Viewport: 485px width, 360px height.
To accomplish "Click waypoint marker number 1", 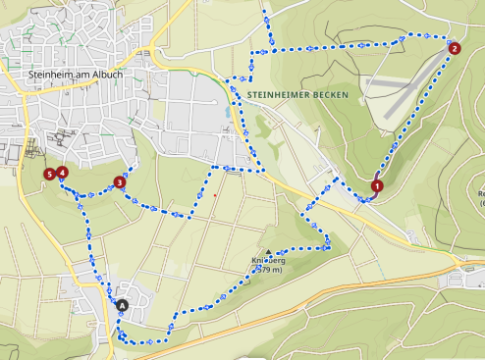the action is coord(377,185).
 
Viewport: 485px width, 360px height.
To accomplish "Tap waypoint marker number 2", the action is coord(454,48).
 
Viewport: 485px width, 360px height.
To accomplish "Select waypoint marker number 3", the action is coord(120,181).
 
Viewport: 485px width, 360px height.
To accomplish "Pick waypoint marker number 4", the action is coord(62,173).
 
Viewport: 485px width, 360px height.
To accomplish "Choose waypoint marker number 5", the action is coord(50,175).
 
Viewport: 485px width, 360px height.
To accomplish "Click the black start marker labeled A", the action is coord(123,306).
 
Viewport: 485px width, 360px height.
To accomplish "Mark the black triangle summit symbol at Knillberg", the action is coord(269,252).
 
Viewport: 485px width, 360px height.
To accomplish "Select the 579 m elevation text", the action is coord(271,273).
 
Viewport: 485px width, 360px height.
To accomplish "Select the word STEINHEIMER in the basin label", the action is coord(278,94).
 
